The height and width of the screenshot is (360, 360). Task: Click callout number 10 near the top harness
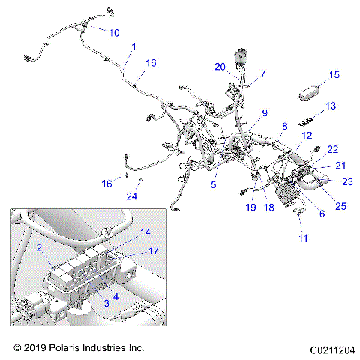click(114, 33)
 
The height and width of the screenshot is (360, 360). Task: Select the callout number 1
click(133, 47)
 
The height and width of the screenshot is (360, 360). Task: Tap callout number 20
click(220, 67)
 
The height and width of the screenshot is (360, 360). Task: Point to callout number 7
click(262, 74)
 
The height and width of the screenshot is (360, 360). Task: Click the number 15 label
click(334, 74)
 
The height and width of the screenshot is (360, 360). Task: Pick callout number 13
click(330, 106)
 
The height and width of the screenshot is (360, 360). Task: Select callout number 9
click(264, 113)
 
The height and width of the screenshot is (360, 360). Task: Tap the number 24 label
click(132, 197)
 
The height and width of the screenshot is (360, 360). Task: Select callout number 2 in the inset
click(39, 247)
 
